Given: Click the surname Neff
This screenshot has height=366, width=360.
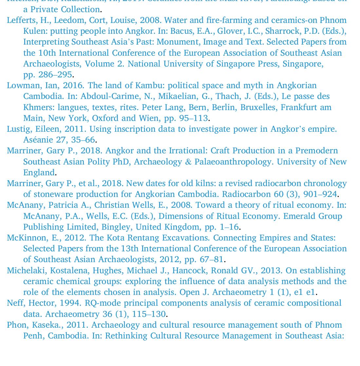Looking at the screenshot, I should [14, 303].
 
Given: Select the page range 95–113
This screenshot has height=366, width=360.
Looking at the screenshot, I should [192, 118].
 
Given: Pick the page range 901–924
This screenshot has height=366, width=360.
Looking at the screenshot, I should [320, 194].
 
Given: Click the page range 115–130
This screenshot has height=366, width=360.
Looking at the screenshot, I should [149, 314].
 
